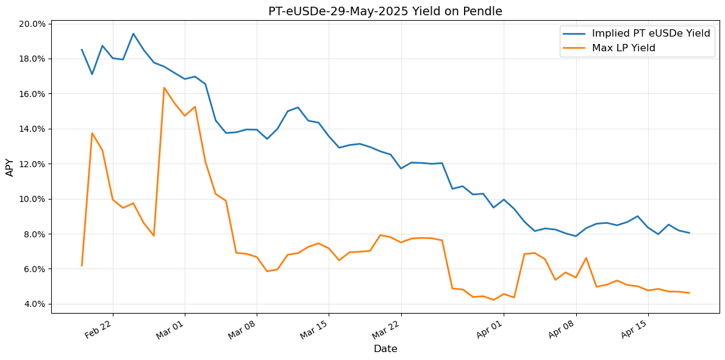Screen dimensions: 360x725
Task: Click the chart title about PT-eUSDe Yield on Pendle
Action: coord(385,12)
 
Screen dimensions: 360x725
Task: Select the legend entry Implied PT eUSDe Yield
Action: coord(651,34)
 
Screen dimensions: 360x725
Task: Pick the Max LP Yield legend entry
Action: coord(623,48)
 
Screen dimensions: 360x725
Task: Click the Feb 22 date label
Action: coord(98,329)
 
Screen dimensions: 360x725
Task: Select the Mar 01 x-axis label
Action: coord(170,329)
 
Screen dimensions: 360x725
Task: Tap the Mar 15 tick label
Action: coord(314,329)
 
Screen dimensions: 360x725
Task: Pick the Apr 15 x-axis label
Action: coord(633,329)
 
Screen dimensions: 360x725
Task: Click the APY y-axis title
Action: coord(10,167)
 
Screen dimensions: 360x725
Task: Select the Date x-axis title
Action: coord(385,349)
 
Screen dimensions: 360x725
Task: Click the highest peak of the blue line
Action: coord(133,34)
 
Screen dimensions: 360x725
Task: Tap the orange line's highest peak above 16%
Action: coord(164,87)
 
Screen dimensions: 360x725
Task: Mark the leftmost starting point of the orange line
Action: coord(82,265)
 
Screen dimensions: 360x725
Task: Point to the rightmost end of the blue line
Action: coord(689,232)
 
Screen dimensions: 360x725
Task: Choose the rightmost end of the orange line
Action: coord(689,293)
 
